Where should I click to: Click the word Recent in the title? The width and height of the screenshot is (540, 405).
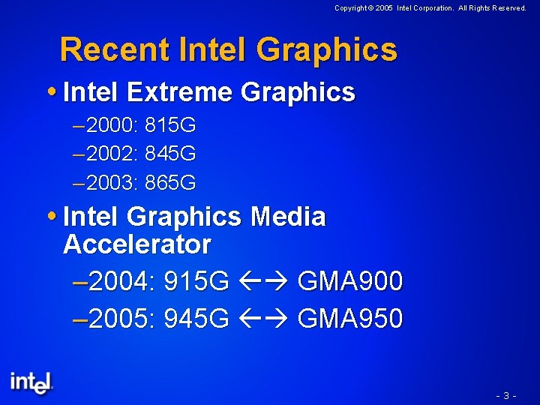pos(115,49)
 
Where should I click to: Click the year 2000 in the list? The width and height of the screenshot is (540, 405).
pos(112,124)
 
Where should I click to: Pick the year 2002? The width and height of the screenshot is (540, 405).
pos(112,154)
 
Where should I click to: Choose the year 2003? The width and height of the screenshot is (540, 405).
pos(112,182)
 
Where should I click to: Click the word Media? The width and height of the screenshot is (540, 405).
pos(288,217)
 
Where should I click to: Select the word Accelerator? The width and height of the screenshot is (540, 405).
pos(137,244)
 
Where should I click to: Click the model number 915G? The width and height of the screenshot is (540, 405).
pos(196,282)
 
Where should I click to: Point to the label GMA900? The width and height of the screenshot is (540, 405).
pos(350,282)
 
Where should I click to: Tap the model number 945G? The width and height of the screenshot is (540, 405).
pos(196,319)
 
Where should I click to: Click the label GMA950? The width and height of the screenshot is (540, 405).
pos(350,319)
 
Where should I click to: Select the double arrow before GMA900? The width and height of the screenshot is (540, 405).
pos(263,283)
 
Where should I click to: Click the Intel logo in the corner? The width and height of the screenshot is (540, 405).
pos(31,382)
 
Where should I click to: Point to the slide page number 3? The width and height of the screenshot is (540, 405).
pos(507,394)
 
